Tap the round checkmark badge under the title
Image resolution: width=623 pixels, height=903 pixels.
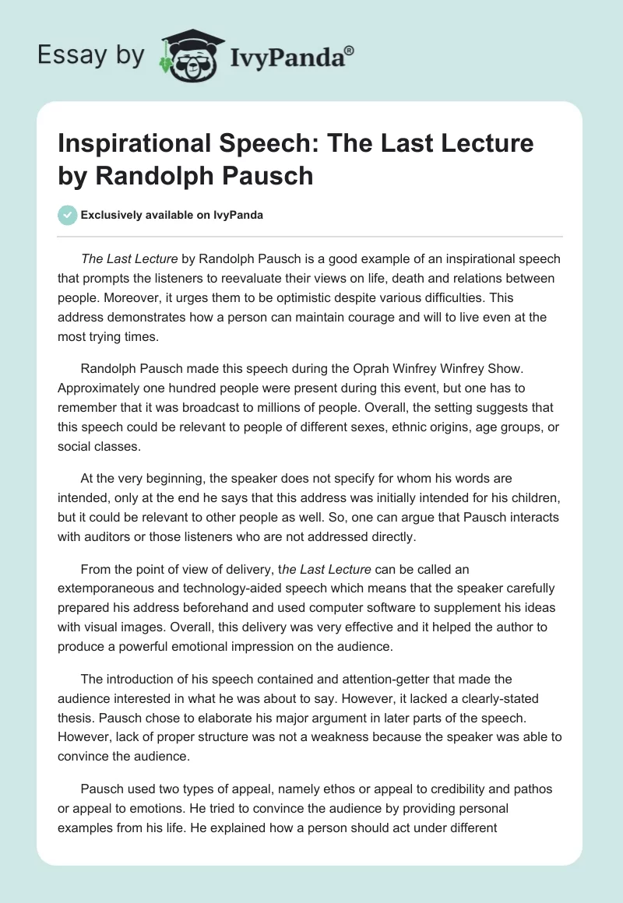(68, 215)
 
